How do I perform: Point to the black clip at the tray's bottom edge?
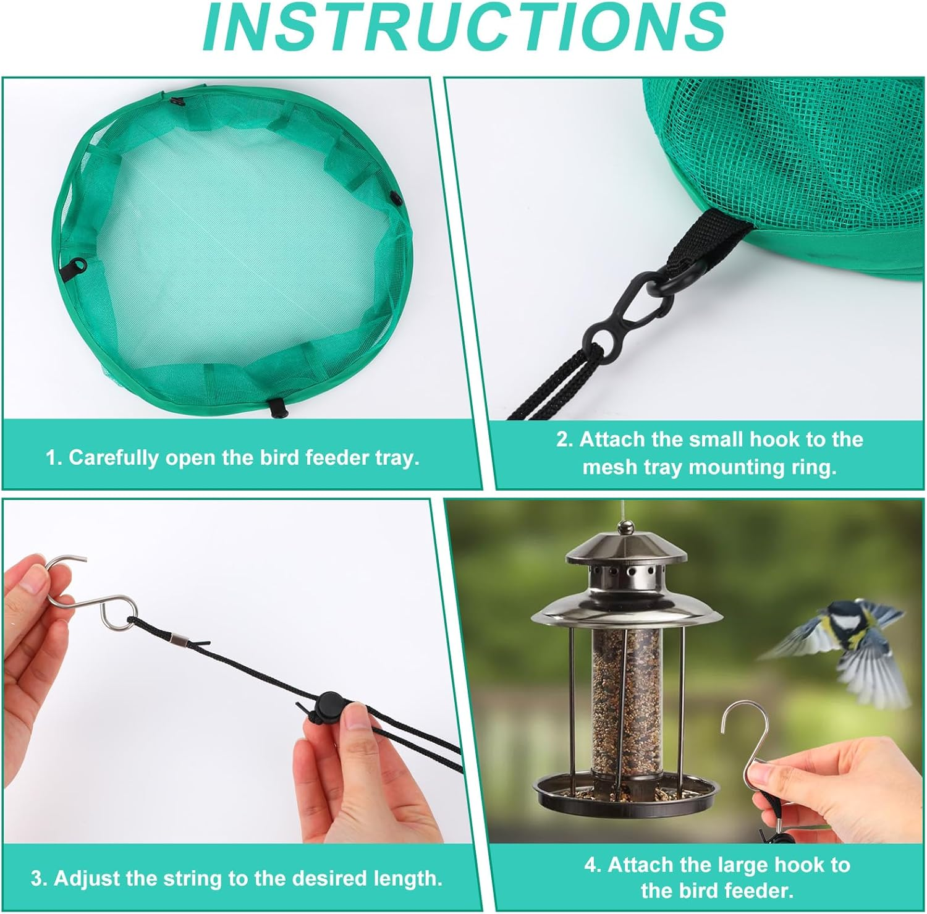point(276,407)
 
